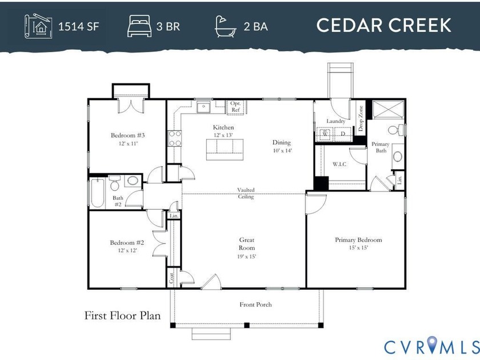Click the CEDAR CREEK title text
(383, 26)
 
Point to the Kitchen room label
(223, 127)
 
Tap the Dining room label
(281, 143)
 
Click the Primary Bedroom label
(358, 240)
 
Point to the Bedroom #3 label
(127, 135)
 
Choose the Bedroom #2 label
(127, 243)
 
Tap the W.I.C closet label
(341, 165)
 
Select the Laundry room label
(335, 121)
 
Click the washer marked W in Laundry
(325, 134)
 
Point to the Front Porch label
(255, 305)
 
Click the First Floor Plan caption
(122, 315)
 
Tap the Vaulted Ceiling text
(246, 193)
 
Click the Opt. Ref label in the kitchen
(235, 106)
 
